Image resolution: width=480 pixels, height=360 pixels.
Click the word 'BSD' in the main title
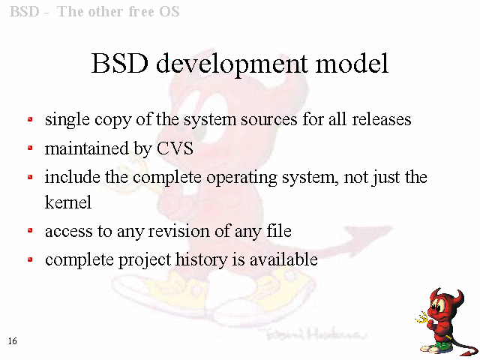point(120,63)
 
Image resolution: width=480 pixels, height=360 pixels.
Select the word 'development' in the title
point(232,64)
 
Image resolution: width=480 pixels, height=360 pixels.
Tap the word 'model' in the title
point(352,63)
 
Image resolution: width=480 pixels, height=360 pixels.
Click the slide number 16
point(13,341)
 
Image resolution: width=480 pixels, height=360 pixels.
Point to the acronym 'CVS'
point(175,148)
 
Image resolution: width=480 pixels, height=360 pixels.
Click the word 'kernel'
point(68,202)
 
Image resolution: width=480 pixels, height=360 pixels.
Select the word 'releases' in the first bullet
point(381,119)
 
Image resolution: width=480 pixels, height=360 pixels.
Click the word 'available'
point(283,259)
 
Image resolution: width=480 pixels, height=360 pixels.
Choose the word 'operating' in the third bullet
point(241,178)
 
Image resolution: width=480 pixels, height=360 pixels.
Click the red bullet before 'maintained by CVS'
point(30,148)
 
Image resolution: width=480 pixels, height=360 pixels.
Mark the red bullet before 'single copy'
point(30,119)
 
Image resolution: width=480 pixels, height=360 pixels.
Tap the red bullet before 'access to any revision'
point(30,230)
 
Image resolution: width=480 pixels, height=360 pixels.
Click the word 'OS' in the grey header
point(169,12)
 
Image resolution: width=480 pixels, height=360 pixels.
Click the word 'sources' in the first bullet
point(268,120)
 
